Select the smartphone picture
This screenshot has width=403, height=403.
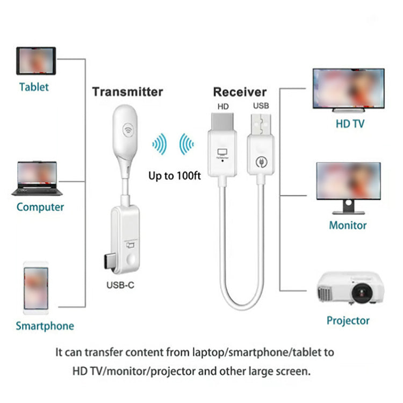coord(36,289)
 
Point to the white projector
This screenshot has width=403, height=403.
coord(350,287)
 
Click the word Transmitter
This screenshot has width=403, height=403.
coord(127,91)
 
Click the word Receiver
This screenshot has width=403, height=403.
coord(240,92)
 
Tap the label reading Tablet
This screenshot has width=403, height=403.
coord(34,87)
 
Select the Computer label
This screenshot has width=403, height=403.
coord(40,207)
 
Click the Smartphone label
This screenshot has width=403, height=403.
coord(45,326)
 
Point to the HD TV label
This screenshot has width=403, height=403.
coord(350,124)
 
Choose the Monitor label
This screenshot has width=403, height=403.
coord(348,225)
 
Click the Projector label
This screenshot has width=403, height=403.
coord(348,321)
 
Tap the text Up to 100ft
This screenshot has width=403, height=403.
coord(175,175)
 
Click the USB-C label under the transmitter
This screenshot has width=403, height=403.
coord(120,285)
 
